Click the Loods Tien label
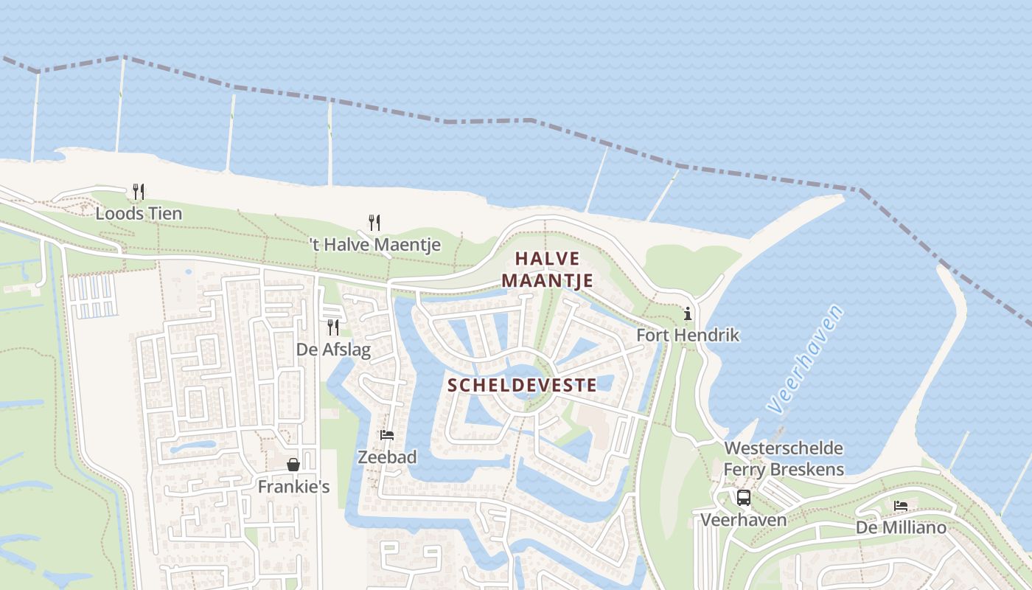[x=139, y=214]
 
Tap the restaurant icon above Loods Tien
[x=139, y=192]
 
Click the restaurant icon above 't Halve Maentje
[x=374, y=222]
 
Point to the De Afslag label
[x=333, y=349]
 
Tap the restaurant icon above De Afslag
[x=333, y=327]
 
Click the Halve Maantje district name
[x=548, y=269]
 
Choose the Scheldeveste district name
[x=522, y=385]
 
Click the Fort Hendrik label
[x=688, y=335]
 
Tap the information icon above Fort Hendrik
[x=688, y=314]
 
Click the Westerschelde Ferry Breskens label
[x=784, y=459]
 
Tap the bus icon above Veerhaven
[x=743, y=498]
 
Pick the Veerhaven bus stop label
[x=743, y=520]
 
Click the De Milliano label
[x=901, y=527]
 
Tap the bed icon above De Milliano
[x=901, y=506]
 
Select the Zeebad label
[x=387, y=457]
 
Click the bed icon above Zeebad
[x=387, y=435]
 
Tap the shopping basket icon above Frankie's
[x=293, y=465]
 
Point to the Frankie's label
[x=293, y=487]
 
